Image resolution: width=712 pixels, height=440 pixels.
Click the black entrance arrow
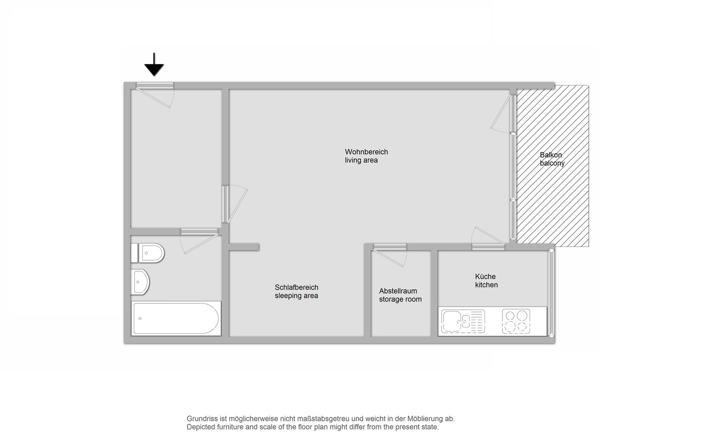[x=154, y=65]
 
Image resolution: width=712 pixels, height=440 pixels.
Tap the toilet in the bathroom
[x=147, y=253]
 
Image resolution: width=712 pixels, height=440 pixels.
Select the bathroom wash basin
[x=140, y=282]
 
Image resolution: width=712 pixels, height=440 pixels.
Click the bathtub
[x=176, y=319]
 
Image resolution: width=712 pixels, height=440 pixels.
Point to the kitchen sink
[x=463, y=321]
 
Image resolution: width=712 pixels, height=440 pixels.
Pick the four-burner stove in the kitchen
[x=516, y=321]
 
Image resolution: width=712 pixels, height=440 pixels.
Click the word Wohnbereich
[x=367, y=152]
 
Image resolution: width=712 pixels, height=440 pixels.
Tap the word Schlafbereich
[x=296, y=287]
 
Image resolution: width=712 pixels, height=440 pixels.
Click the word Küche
[x=485, y=276]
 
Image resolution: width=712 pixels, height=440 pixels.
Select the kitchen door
[x=488, y=238]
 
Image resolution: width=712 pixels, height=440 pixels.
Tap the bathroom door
[x=199, y=241]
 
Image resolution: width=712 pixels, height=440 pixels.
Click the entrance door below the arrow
[x=155, y=95]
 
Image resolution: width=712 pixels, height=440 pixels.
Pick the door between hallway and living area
[x=235, y=204]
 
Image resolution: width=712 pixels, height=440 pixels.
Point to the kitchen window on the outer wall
[x=552, y=293]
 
